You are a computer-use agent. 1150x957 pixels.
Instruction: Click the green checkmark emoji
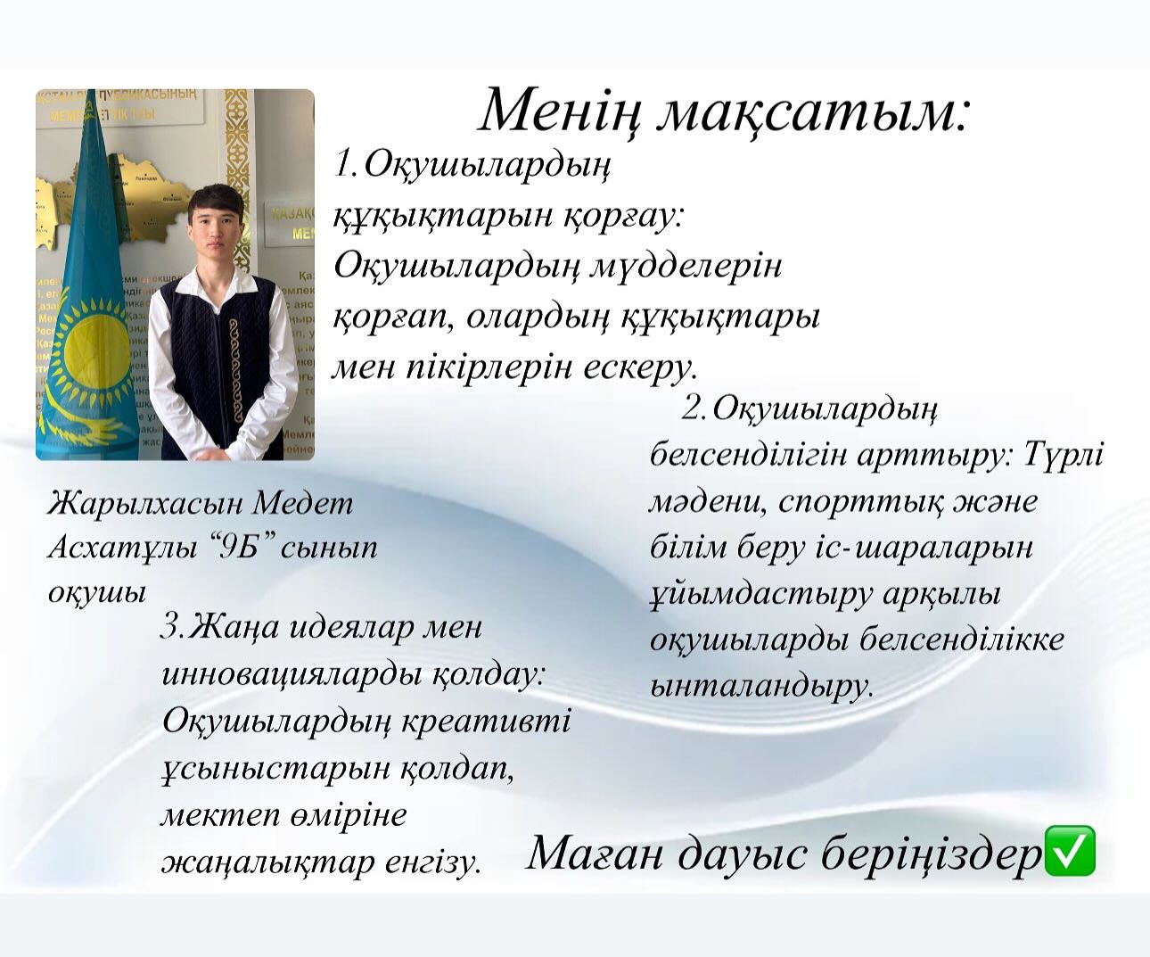1069,858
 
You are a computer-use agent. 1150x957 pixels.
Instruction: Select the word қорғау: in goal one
622,216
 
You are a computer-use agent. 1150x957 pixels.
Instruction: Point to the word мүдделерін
686,268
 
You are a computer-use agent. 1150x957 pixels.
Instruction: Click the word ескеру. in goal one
639,367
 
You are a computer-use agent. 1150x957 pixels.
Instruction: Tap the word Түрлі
1064,455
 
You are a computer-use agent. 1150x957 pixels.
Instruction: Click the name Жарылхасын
144,504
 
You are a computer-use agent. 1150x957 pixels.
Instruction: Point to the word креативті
485,722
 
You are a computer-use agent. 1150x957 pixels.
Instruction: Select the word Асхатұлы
123,549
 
